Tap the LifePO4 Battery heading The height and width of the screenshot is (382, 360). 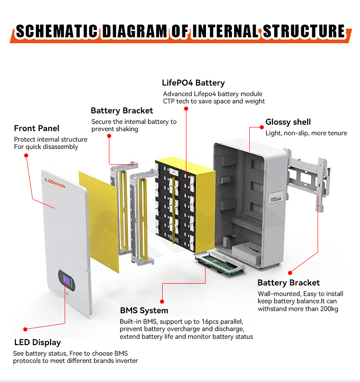pyautogui.click(x=193, y=83)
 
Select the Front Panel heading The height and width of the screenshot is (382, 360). pyautogui.click(x=36, y=128)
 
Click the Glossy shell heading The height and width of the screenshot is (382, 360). pyautogui.click(x=288, y=122)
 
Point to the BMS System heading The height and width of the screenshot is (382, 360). pyautogui.click(x=144, y=311)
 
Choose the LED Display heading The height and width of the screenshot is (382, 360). pyautogui.click(x=37, y=342)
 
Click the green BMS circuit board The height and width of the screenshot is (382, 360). pyautogui.click(x=220, y=264)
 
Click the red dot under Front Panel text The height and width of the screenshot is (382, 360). pyautogui.click(x=26, y=155)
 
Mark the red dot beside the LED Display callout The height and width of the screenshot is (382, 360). pyautogui.click(x=26, y=328)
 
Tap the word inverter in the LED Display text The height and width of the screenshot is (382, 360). pyautogui.click(x=125, y=361)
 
